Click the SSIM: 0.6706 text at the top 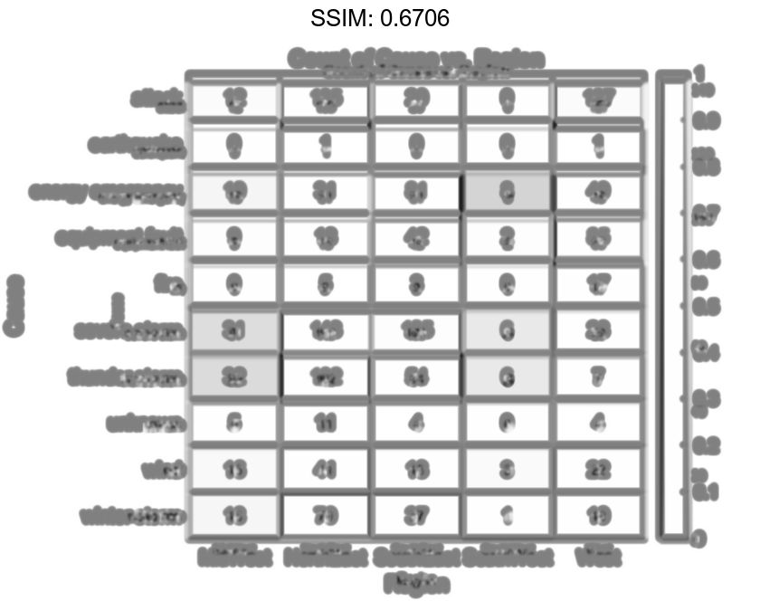pos(380,18)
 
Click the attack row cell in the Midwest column pos(233,99)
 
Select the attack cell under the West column pos(598,99)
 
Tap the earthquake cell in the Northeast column pos(325,145)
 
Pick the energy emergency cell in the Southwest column pos(507,191)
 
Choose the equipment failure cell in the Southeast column pos(416,238)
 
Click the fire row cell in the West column pos(598,284)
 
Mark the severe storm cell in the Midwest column pos(233,330)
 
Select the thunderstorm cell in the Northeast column pos(325,377)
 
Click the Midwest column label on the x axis pos(233,555)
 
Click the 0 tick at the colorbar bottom pos(699,539)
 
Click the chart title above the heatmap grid pos(416,60)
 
